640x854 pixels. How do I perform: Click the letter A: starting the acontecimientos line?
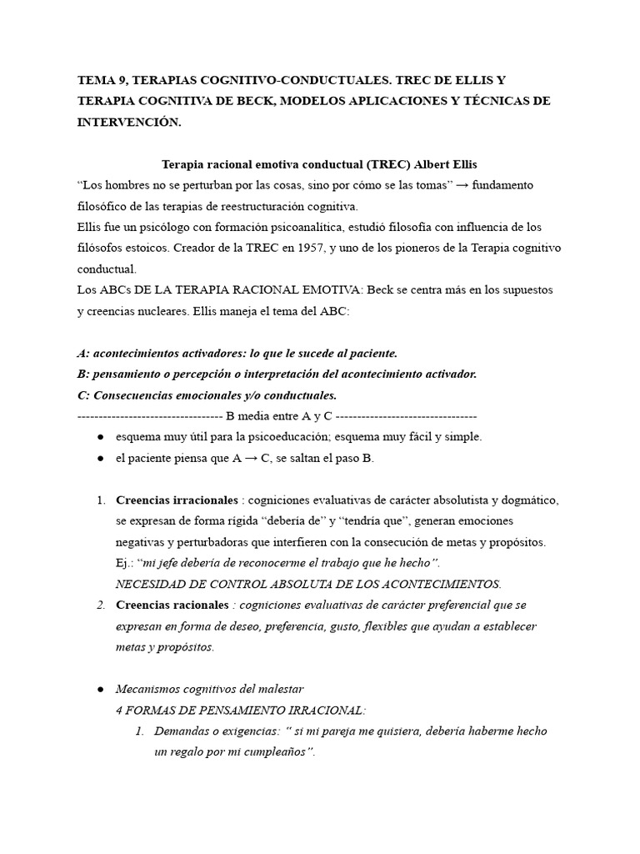82,353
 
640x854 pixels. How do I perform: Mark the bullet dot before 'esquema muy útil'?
100,436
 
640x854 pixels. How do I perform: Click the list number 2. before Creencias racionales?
101,605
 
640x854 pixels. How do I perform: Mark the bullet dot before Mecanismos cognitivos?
100,689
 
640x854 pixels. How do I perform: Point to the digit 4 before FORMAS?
120,710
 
